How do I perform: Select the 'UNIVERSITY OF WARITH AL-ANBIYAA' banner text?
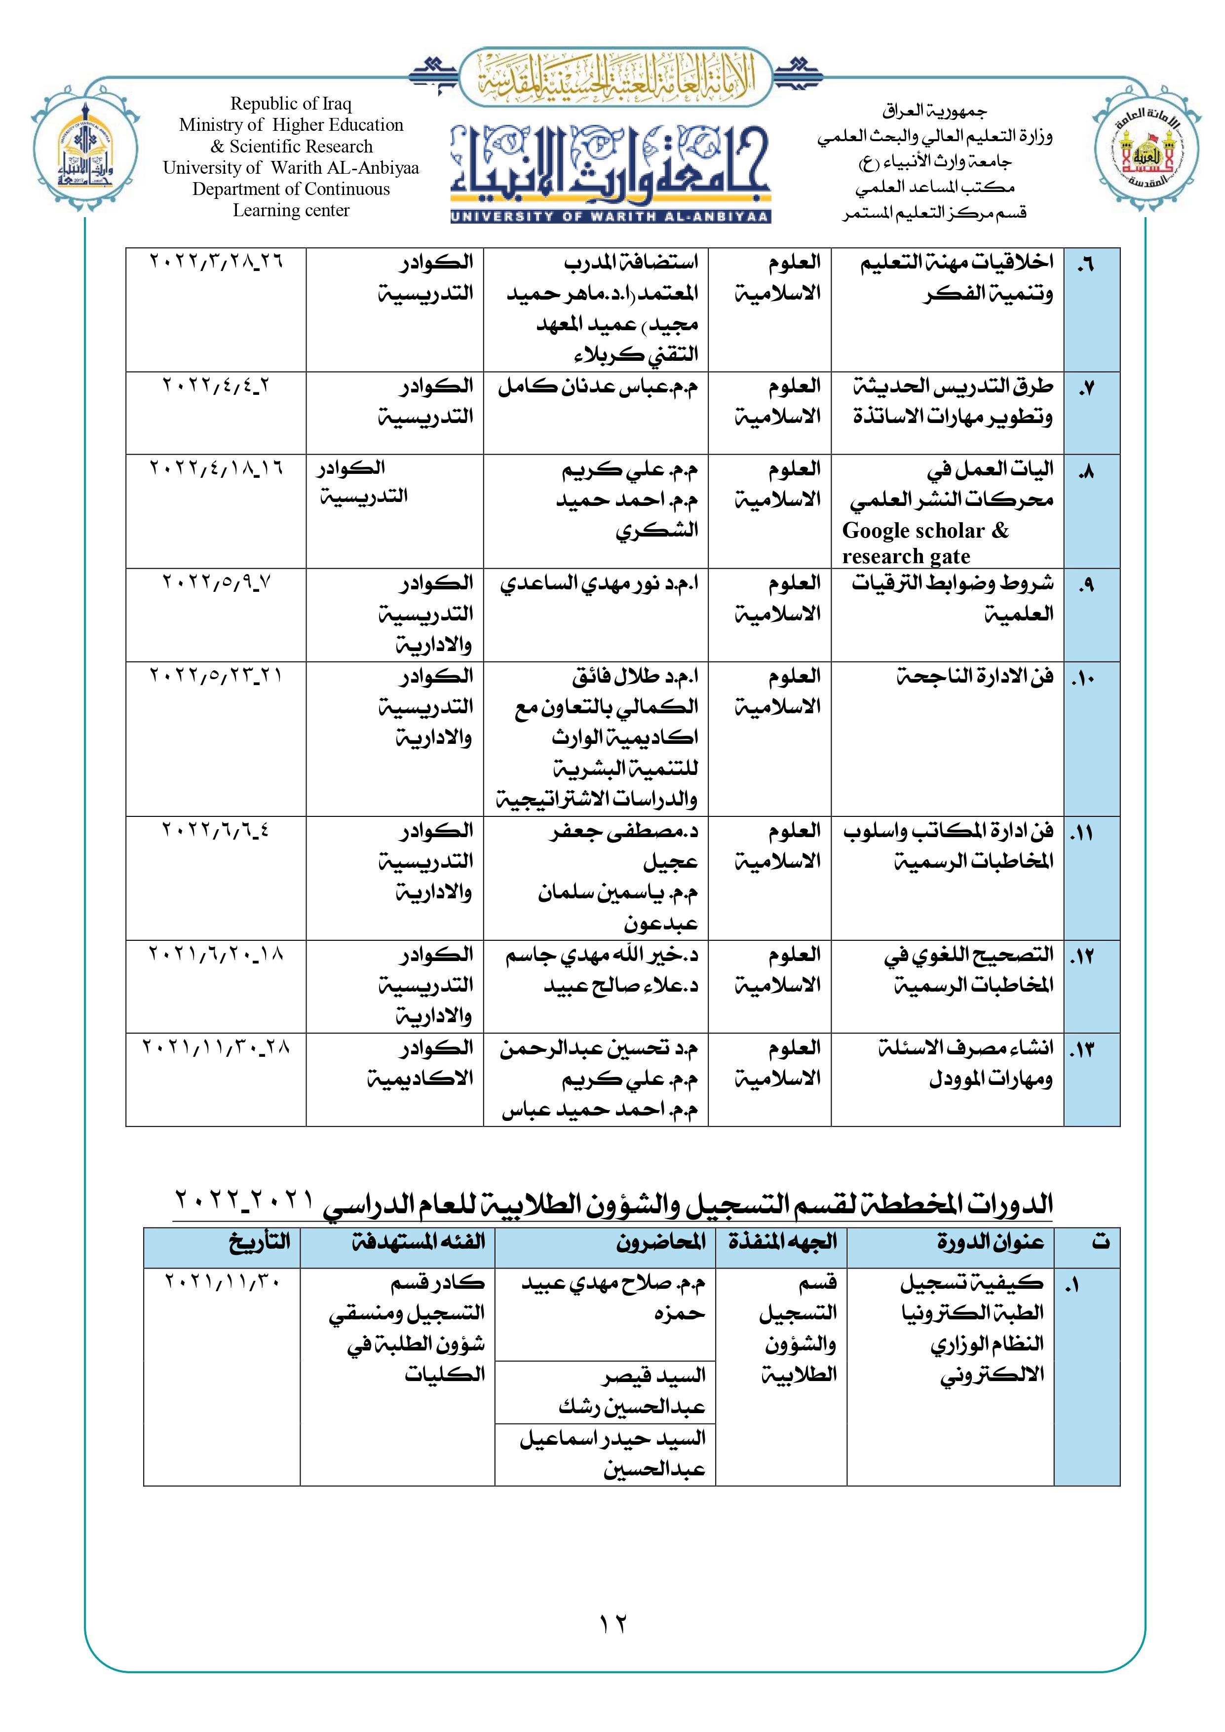(610, 217)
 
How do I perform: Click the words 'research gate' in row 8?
(906, 557)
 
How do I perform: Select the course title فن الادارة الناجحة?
(975, 676)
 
